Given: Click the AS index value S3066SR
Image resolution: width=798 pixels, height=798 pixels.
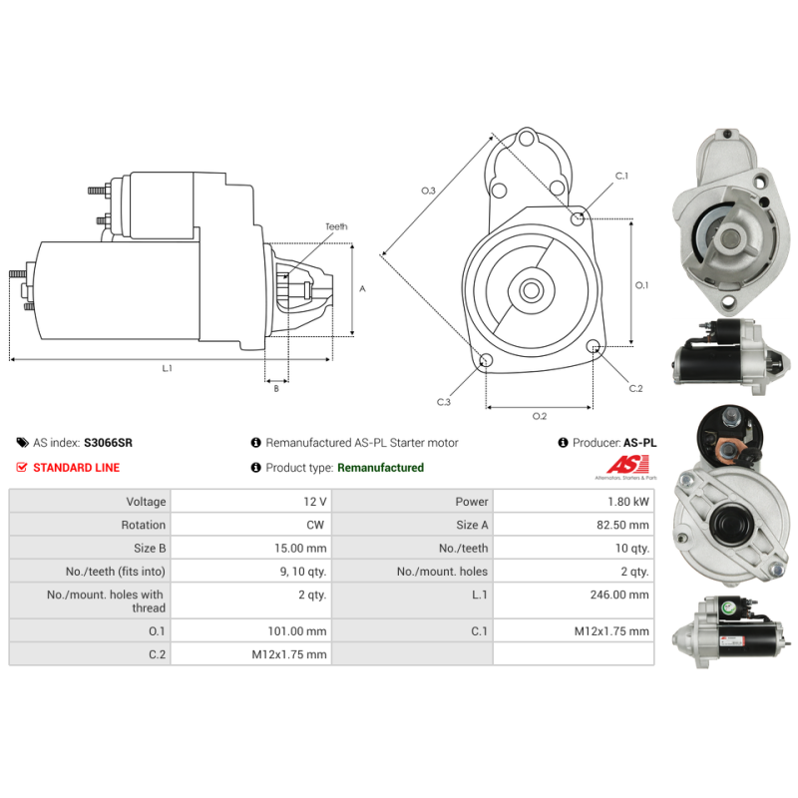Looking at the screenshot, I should click(108, 442).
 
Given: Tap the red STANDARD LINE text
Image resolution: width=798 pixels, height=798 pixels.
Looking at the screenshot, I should click(76, 468).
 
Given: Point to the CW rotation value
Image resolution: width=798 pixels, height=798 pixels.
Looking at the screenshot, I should click(317, 525).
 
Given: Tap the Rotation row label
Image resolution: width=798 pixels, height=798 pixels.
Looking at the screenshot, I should click(144, 525).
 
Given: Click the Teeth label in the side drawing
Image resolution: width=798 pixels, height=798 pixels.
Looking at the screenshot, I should click(336, 227).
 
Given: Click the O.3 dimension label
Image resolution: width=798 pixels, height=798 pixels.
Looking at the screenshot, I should click(428, 190).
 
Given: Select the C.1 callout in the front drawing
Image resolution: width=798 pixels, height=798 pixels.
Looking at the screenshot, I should click(621, 177).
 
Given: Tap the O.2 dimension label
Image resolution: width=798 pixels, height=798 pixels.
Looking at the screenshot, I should click(539, 416).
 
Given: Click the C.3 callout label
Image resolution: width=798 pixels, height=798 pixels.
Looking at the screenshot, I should click(444, 402).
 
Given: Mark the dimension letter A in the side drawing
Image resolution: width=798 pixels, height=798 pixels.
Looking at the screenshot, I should click(362, 288).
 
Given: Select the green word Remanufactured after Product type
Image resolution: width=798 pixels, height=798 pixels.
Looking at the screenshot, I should click(380, 468).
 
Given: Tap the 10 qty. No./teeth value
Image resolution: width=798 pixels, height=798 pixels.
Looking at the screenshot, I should click(631, 548).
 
